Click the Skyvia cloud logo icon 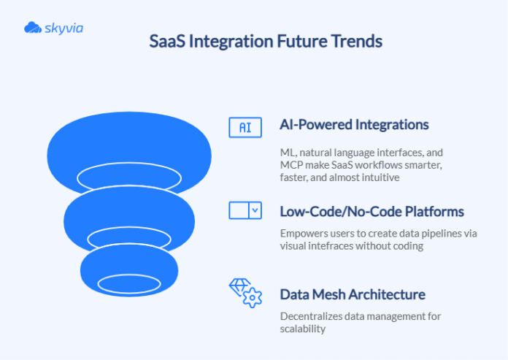point(33,28)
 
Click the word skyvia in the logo point(64,28)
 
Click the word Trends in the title point(358,41)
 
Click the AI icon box point(245,126)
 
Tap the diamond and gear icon point(245,292)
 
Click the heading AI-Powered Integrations point(354,126)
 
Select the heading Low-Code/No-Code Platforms point(372,211)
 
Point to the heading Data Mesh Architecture point(352,294)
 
